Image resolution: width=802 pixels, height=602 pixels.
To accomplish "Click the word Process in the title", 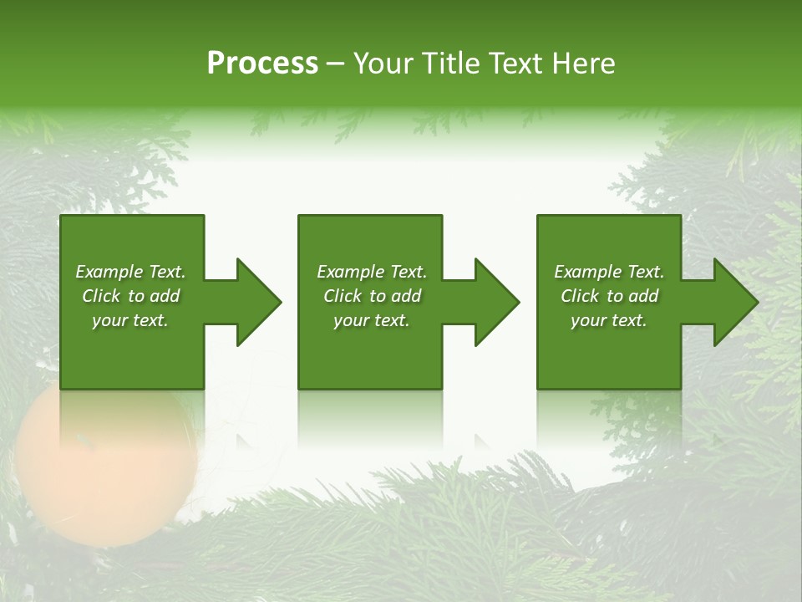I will tap(262, 64).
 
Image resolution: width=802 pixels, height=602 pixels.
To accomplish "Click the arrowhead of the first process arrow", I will tap(259, 302).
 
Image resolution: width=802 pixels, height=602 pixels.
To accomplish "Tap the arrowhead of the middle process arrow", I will tap(497, 302).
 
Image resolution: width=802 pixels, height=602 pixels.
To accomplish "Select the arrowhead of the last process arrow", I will tap(735, 302).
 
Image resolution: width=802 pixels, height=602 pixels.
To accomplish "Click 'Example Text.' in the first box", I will tap(131, 272).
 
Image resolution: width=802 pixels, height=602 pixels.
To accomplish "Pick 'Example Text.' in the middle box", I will tap(372, 272).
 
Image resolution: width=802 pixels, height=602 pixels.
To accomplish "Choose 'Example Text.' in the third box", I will tap(609, 272).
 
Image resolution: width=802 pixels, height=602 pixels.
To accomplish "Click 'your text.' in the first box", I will tap(131, 320).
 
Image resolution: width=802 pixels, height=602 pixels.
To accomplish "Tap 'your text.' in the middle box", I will tap(372, 320).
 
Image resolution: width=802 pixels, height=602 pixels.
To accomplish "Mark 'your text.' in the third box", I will tap(609, 320).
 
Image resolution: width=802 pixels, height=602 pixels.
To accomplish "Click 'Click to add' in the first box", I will tap(131, 296).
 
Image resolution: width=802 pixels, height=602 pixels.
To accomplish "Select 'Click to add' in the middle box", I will tap(372, 296).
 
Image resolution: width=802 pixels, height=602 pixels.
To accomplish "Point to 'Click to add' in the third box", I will tap(609, 296).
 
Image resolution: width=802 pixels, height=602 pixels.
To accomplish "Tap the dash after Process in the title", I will tap(336, 64).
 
